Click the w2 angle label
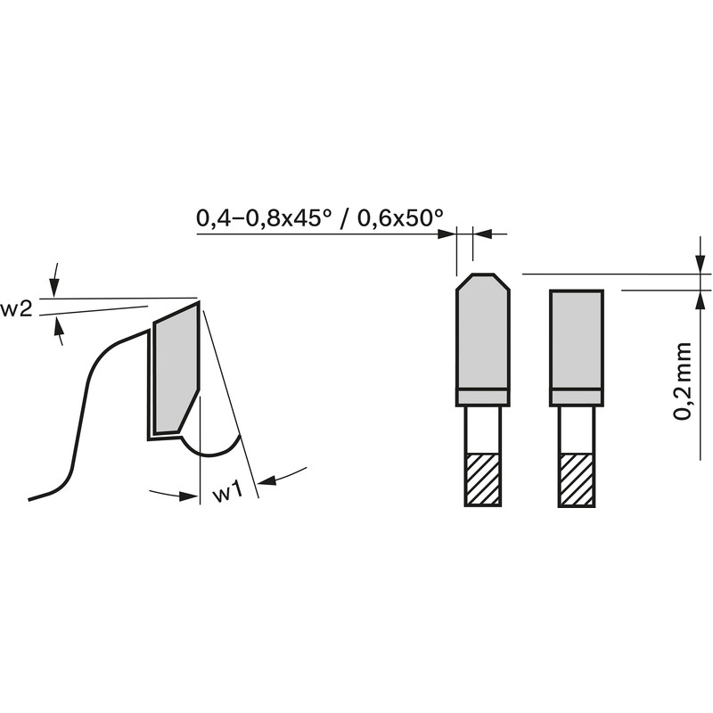tap(16, 310)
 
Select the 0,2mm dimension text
tap(683, 381)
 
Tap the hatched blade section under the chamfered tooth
tap(483, 479)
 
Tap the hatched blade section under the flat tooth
tap(577, 479)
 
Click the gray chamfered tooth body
tap(483, 332)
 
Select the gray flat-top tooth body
tap(577, 340)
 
